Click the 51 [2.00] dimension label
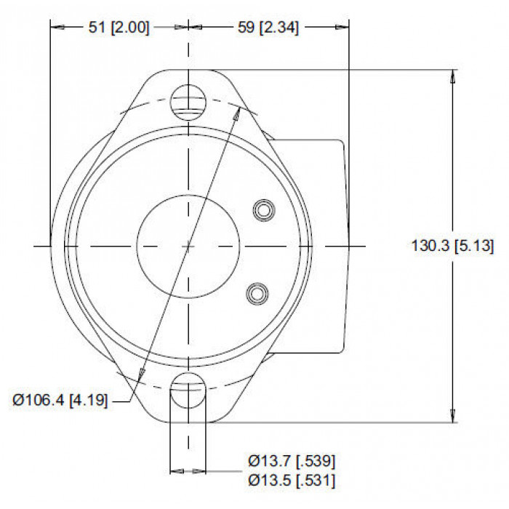(x=119, y=28)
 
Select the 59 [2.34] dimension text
(x=268, y=28)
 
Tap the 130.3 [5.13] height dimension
(x=452, y=246)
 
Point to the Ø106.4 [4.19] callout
(x=60, y=400)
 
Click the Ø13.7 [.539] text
(x=292, y=461)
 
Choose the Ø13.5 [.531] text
(x=292, y=480)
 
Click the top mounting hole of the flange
(x=188, y=103)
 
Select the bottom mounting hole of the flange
(x=188, y=390)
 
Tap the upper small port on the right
(x=264, y=210)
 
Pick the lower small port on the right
(x=257, y=294)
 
